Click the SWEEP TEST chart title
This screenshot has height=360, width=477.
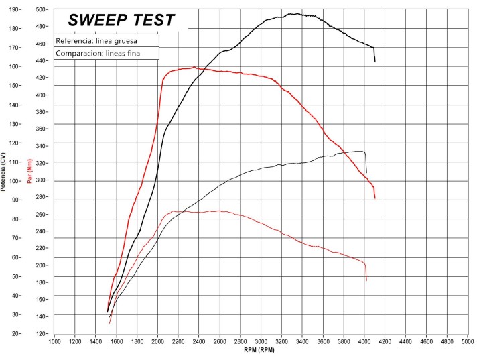[122, 21]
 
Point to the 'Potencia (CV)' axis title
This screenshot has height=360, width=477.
[4, 172]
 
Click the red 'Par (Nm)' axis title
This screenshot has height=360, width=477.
[30, 172]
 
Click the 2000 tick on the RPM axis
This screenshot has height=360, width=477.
[157, 341]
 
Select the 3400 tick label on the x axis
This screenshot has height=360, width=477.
[302, 341]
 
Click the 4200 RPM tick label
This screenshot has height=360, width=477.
[385, 341]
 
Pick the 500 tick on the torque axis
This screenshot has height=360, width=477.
[42, 9]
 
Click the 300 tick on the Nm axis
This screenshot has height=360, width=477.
[42, 180]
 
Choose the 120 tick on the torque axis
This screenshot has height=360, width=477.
[42, 333]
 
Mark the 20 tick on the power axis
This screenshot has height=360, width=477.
[14, 333]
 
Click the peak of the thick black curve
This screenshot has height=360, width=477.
[293, 13]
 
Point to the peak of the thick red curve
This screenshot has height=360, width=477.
[194, 67]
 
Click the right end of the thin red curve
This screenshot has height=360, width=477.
[366, 280]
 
